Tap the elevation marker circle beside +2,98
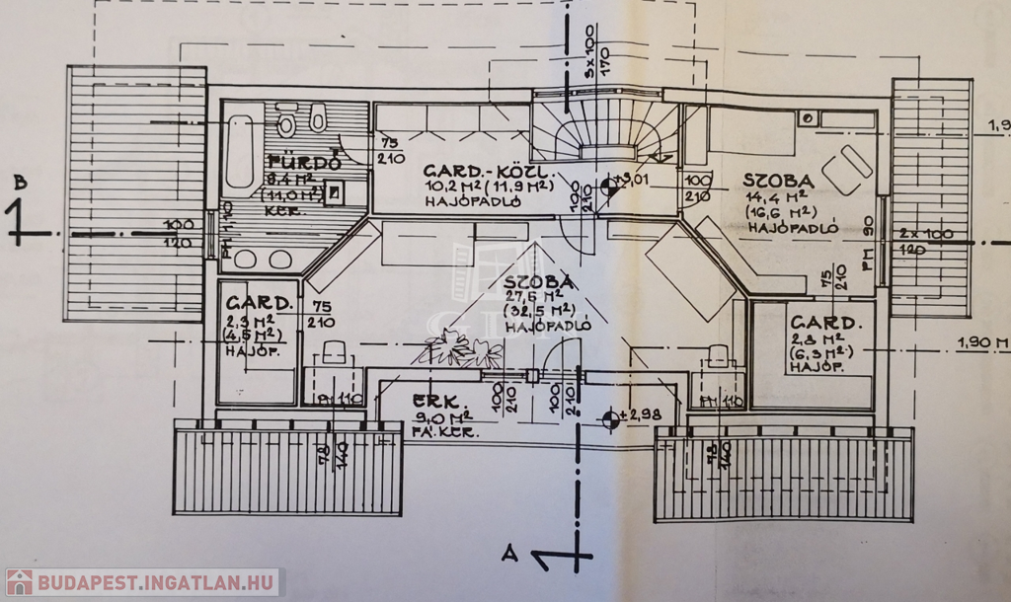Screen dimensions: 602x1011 [612, 418]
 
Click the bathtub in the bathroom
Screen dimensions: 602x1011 [242, 153]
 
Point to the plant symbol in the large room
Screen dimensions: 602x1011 [461, 348]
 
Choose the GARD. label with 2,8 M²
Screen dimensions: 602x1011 [825, 322]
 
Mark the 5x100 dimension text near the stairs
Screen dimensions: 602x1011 [588, 60]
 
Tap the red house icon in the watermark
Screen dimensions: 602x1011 [19, 582]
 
